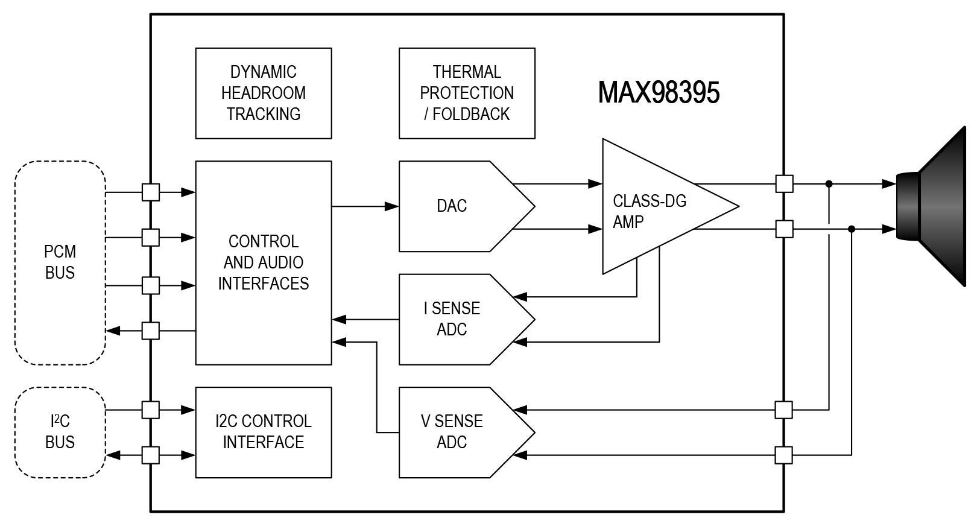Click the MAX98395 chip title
pos(659,93)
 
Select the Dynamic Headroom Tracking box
pos(264,93)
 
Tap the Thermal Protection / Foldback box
pos(467,93)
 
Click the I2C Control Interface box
pos(264,432)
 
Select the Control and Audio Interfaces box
pos(264,262)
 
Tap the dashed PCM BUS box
pos(60,262)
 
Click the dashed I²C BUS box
pos(60,432)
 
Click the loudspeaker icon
pos(935,206)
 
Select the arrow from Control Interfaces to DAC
pos(365,206)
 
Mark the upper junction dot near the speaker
pos(829,183)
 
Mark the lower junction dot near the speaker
pos(852,229)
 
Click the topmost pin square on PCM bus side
pos(151,192)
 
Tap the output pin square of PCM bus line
pos(151,331)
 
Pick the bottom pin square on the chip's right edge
pos(783,455)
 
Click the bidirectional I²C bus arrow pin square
pos(151,455)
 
